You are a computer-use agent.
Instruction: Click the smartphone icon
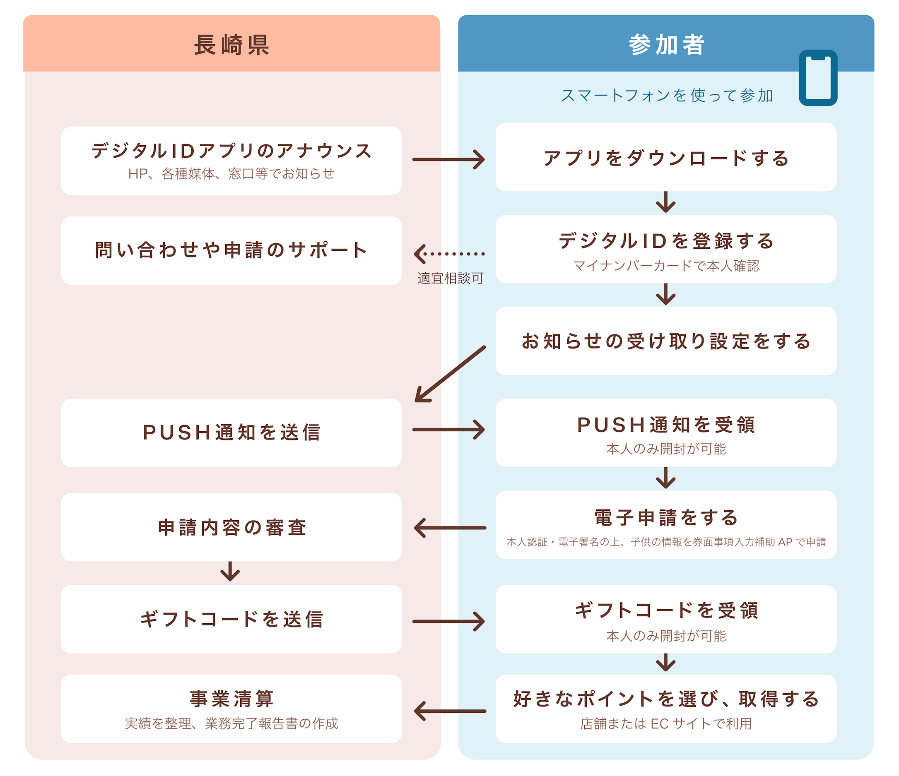point(817,78)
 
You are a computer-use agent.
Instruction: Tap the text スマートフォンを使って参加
point(666,96)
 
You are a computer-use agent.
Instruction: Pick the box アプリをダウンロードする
point(665,157)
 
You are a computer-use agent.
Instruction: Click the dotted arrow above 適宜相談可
point(450,254)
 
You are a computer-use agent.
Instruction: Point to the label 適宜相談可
point(451,278)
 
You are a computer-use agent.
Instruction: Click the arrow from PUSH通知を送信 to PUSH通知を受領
point(448,430)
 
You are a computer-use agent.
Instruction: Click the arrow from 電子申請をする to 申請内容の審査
point(450,528)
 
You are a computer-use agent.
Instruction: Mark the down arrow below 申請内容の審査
point(230,571)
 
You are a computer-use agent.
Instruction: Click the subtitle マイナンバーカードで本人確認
point(666,265)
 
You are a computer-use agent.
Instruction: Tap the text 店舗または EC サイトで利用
point(665,723)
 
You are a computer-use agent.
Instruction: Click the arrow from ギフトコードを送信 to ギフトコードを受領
point(448,621)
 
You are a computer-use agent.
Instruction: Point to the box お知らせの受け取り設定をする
point(665,341)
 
